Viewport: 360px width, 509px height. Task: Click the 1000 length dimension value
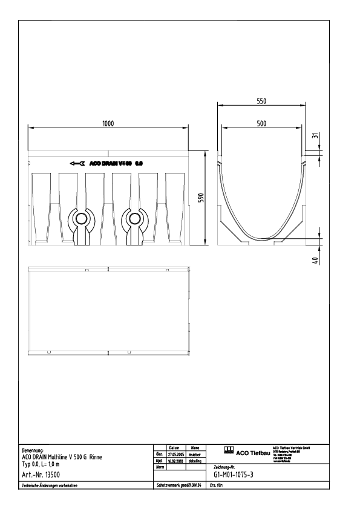pos(108,123)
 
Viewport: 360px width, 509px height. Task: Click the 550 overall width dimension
pos(261,102)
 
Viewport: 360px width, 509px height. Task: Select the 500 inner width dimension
pos(261,123)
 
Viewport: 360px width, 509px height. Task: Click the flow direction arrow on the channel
pos(77,163)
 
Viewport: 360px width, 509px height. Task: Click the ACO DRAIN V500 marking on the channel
pos(115,163)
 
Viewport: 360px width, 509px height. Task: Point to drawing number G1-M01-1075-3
pos(238,475)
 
